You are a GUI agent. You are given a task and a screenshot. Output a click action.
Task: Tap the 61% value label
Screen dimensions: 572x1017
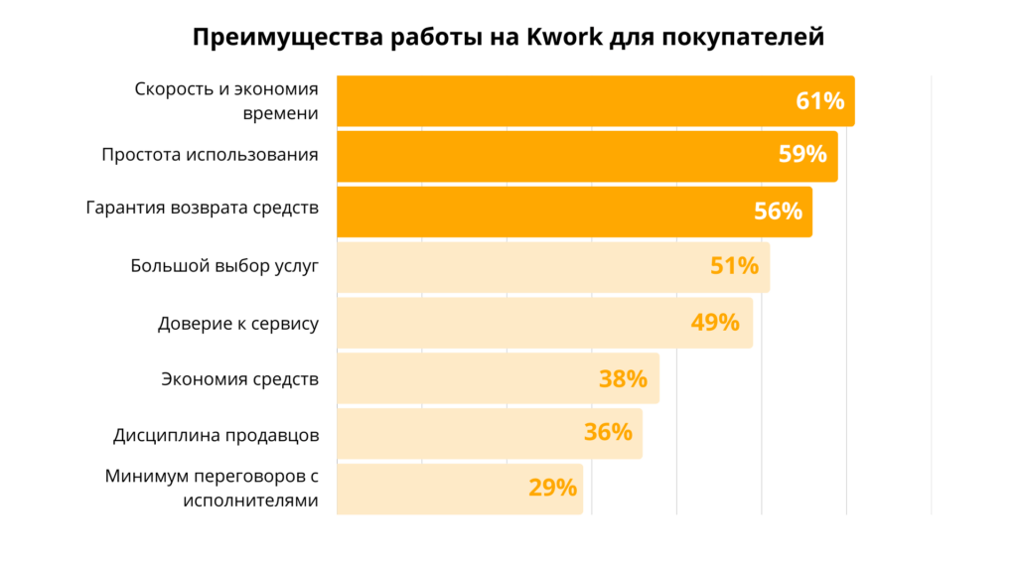(x=819, y=100)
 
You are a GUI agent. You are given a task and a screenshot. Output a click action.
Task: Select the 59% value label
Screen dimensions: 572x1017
(x=802, y=155)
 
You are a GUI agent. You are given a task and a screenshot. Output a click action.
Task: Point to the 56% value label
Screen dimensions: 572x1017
(x=778, y=211)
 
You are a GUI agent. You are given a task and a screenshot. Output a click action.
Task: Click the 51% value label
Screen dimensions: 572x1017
(x=734, y=266)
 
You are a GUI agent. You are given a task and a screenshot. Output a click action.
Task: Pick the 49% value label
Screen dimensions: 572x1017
(x=715, y=322)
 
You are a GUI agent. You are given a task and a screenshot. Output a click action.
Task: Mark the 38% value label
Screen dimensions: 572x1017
(x=623, y=378)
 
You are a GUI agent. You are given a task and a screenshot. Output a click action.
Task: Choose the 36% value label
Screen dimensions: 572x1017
(x=608, y=432)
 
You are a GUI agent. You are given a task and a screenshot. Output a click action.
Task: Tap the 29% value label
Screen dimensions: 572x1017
(x=552, y=488)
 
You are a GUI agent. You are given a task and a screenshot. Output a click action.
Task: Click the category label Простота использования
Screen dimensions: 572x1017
(x=210, y=155)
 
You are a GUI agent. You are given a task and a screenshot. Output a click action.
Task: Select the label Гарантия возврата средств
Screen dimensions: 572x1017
(x=203, y=211)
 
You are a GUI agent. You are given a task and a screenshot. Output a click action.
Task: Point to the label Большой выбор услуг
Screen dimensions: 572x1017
(x=224, y=266)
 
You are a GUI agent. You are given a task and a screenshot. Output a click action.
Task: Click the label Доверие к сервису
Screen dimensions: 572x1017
(x=238, y=323)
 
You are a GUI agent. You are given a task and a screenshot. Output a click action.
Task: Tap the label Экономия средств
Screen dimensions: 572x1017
(x=239, y=378)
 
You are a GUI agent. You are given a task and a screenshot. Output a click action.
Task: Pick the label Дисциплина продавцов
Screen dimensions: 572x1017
(x=216, y=434)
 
